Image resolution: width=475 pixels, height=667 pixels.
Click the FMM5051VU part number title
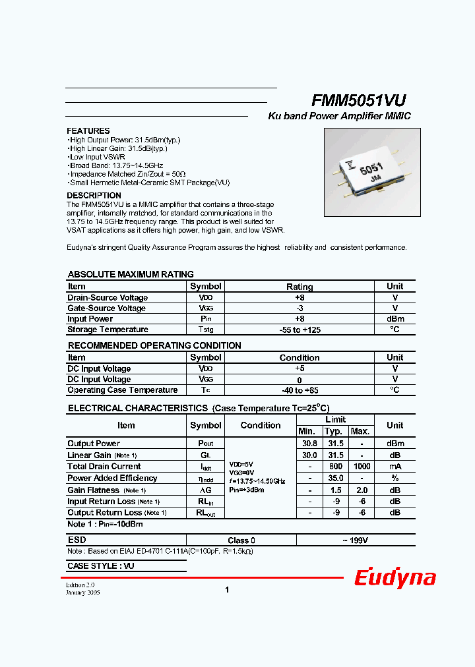(x=358, y=100)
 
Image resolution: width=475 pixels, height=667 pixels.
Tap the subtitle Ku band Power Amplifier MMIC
(x=339, y=116)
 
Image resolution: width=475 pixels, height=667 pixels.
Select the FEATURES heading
(x=88, y=131)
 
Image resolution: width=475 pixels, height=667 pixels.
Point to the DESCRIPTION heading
(x=94, y=196)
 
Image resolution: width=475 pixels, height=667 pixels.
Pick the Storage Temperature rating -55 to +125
(x=299, y=330)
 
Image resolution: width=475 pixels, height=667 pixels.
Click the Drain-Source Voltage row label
(x=108, y=298)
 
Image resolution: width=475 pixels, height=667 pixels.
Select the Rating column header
(x=299, y=287)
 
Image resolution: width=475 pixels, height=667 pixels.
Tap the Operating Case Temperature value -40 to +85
(x=299, y=390)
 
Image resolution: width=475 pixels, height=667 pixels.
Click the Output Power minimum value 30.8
(x=309, y=444)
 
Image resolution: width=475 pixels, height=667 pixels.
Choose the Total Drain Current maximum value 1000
(x=362, y=467)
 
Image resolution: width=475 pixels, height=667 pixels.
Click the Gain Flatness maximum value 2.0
(x=360, y=490)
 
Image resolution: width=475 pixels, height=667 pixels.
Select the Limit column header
(x=335, y=420)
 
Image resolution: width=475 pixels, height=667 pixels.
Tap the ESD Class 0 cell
(x=241, y=540)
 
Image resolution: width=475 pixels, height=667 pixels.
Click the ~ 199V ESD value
(x=355, y=540)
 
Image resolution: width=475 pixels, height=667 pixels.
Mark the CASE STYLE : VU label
(x=101, y=566)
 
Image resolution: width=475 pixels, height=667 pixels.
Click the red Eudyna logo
(x=395, y=578)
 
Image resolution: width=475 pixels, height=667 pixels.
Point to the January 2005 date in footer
(x=83, y=593)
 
